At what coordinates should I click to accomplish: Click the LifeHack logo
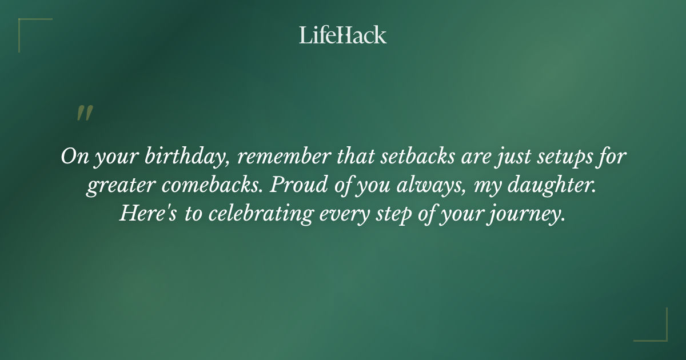coord(343,35)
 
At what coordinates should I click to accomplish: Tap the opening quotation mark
coord(84,113)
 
